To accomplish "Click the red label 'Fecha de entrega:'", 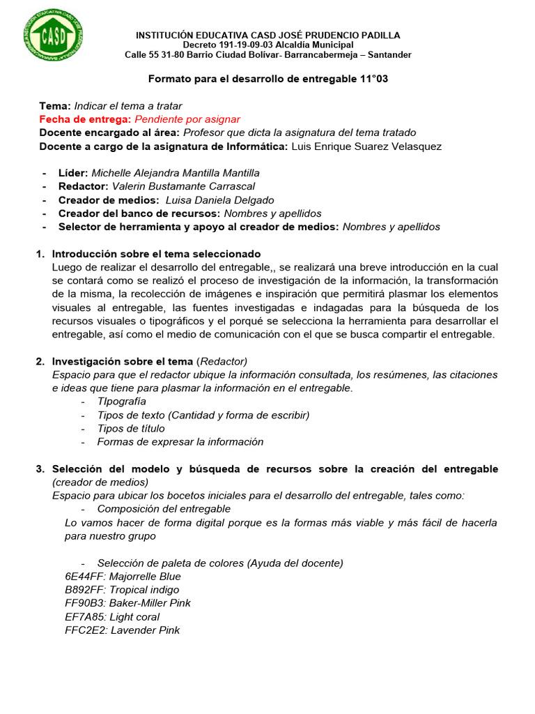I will pos(85,119).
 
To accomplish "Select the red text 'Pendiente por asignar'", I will pos(187,119).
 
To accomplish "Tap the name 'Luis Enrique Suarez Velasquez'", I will pos(366,146).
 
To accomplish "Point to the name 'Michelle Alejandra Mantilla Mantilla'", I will pos(175,172).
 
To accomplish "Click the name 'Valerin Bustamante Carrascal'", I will pos(183,186).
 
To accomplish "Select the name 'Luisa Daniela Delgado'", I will pos(215,200).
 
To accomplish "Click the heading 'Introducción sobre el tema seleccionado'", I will pos(156,254).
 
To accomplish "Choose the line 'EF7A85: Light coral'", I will pos(111,617).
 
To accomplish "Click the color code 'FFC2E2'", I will pos(81,630).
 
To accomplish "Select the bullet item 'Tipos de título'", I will pos(131,429).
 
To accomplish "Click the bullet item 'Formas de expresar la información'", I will pos(180,442).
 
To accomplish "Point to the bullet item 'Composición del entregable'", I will pos(164,509).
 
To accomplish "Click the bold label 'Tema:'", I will pos(55,106).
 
